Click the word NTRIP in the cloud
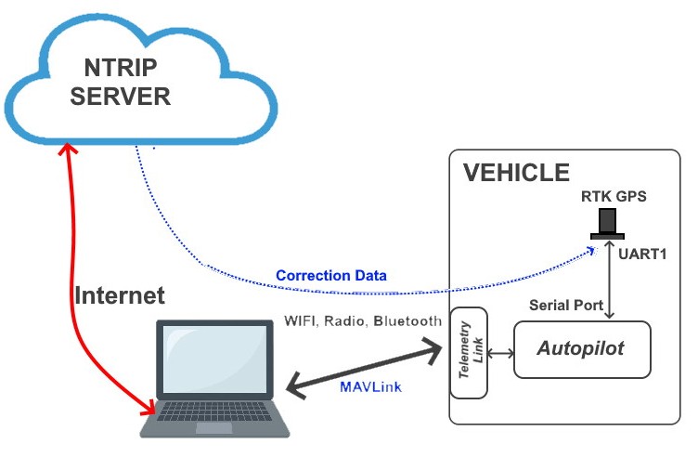(119, 67)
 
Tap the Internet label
(119, 296)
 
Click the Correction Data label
(330, 276)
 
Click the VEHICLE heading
(516, 173)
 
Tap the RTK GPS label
(614, 196)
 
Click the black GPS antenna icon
(609, 224)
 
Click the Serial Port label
(566, 305)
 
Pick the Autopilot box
(581, 349)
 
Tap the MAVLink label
(371, 386)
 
